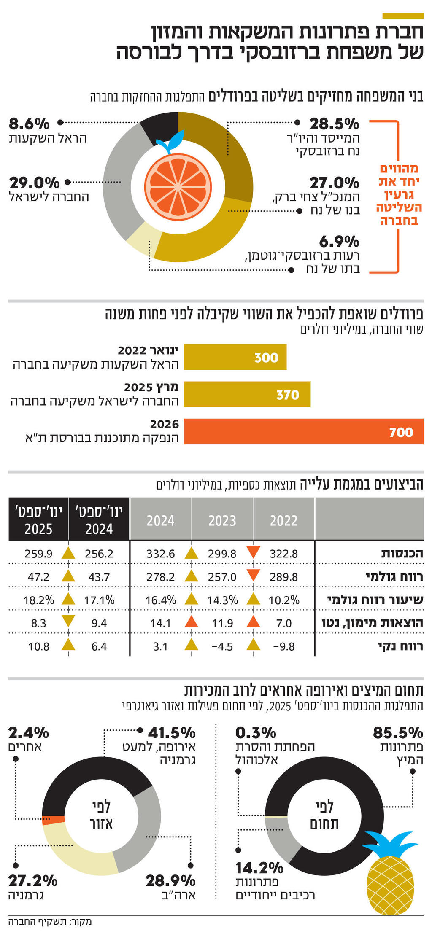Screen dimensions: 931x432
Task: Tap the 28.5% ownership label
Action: click(x=334, y=124)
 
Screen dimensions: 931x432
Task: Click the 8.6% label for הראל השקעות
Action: click(x=29, y=124)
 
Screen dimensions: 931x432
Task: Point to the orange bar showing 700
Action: click(x=303, y=431)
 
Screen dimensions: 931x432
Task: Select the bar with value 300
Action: click(x=235, y=357)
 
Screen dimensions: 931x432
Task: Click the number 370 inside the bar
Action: click(x=288, y=395)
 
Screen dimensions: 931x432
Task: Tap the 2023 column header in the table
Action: click(x=222, y=520)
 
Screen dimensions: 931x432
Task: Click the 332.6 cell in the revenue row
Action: click(x=160, y=554)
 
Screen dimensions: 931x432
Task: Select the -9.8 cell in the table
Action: click(x=284, y=646)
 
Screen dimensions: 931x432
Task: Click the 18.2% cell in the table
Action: click(x=39, y=600)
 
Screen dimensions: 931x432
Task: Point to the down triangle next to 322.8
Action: click(x=253, y=552)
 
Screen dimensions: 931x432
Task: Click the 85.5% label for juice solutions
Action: click(x=397, y=732)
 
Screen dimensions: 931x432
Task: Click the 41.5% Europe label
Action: click(x=171, y=732)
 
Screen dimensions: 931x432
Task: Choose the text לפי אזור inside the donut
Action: click(x=101, y=815)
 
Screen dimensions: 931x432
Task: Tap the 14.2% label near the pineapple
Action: click(x=259, y=868)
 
